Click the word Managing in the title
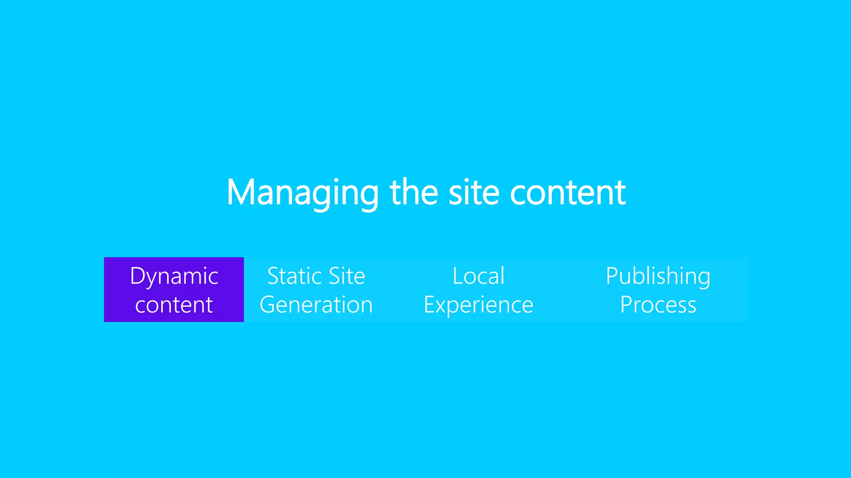[302, 193]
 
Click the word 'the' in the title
[413, 193]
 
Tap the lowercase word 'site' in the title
[474, 193]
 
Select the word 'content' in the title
[568, 193]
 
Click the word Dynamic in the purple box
[174, 276]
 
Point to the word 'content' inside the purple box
[174, 305]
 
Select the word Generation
[316, 305]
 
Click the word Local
[478, 276]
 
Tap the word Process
[658, 305]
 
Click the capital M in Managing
[240, 193]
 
